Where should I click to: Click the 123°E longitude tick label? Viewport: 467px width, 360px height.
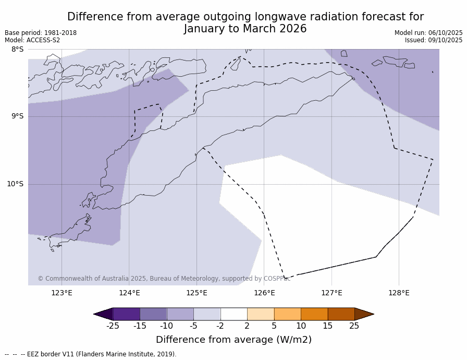point(62,293)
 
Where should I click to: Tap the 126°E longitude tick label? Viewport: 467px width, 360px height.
point(264,293)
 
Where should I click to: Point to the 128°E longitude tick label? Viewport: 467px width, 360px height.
point(399,293)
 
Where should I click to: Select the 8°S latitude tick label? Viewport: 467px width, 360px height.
point(18,50)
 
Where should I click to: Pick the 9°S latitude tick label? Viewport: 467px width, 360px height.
point(18,116)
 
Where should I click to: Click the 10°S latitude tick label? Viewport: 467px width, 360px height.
point(15,184)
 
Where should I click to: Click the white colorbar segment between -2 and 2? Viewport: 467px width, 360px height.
point(233,314)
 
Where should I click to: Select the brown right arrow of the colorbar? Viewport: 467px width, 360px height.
point(364,314)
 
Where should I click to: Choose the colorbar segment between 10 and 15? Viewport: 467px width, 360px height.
point(314,314)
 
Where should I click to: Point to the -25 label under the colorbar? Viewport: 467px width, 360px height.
point(113,326)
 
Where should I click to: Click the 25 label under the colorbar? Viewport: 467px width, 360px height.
point(354,326)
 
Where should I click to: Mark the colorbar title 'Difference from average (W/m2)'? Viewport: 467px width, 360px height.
point(233,340)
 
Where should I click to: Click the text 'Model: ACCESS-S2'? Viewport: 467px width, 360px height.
point(32,40)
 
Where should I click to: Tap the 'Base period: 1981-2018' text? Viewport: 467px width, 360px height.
point(41,33)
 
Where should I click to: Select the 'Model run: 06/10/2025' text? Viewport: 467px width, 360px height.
point(428,33)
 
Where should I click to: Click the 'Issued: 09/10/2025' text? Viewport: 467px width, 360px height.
point(434,40)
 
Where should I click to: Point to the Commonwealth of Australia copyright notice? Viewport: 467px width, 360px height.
point(164,279)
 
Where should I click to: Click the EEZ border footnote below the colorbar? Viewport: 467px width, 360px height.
point(91,354)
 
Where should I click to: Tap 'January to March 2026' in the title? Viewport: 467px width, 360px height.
point(245,29)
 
